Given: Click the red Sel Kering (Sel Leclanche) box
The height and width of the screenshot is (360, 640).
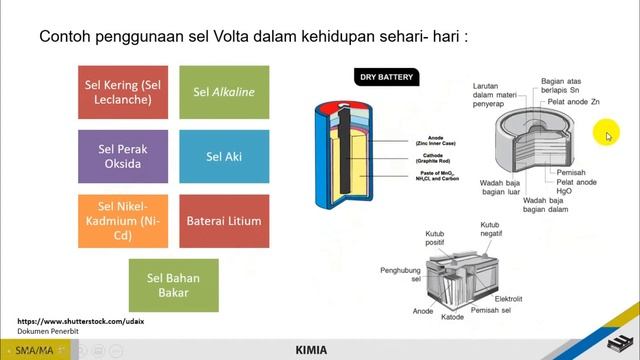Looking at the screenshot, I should click(x=125, y=92).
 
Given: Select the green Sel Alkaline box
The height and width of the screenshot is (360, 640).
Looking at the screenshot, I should click(x=224, y=92).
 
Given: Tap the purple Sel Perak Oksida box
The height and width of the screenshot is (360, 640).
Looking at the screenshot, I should click(x=125, y=156).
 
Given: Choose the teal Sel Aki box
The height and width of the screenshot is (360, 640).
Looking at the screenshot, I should click(x=224, y=156).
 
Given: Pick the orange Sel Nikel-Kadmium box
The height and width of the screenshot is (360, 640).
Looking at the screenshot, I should click(x=125, y=220).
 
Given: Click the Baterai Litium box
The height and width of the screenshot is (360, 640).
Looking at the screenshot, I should click(x=224, y=220).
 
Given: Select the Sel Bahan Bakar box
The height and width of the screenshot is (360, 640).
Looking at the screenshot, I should click(x=174, y=284).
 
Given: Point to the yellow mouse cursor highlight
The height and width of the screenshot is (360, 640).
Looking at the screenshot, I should click(x=606, y=135).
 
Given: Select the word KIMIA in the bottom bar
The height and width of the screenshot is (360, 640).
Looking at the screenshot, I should click(x=311, y=351).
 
